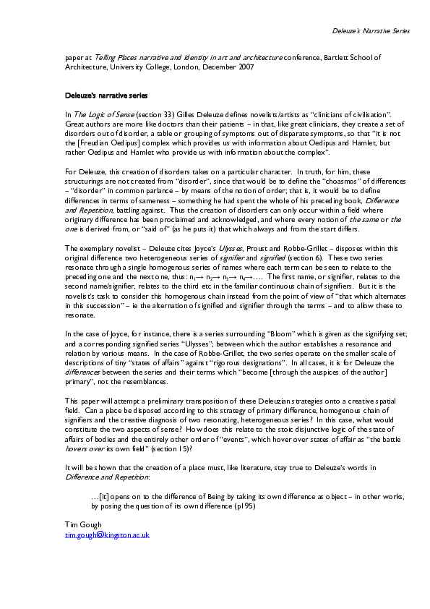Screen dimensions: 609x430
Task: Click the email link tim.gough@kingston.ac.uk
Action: pyautogui.click(x=107, y=535)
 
